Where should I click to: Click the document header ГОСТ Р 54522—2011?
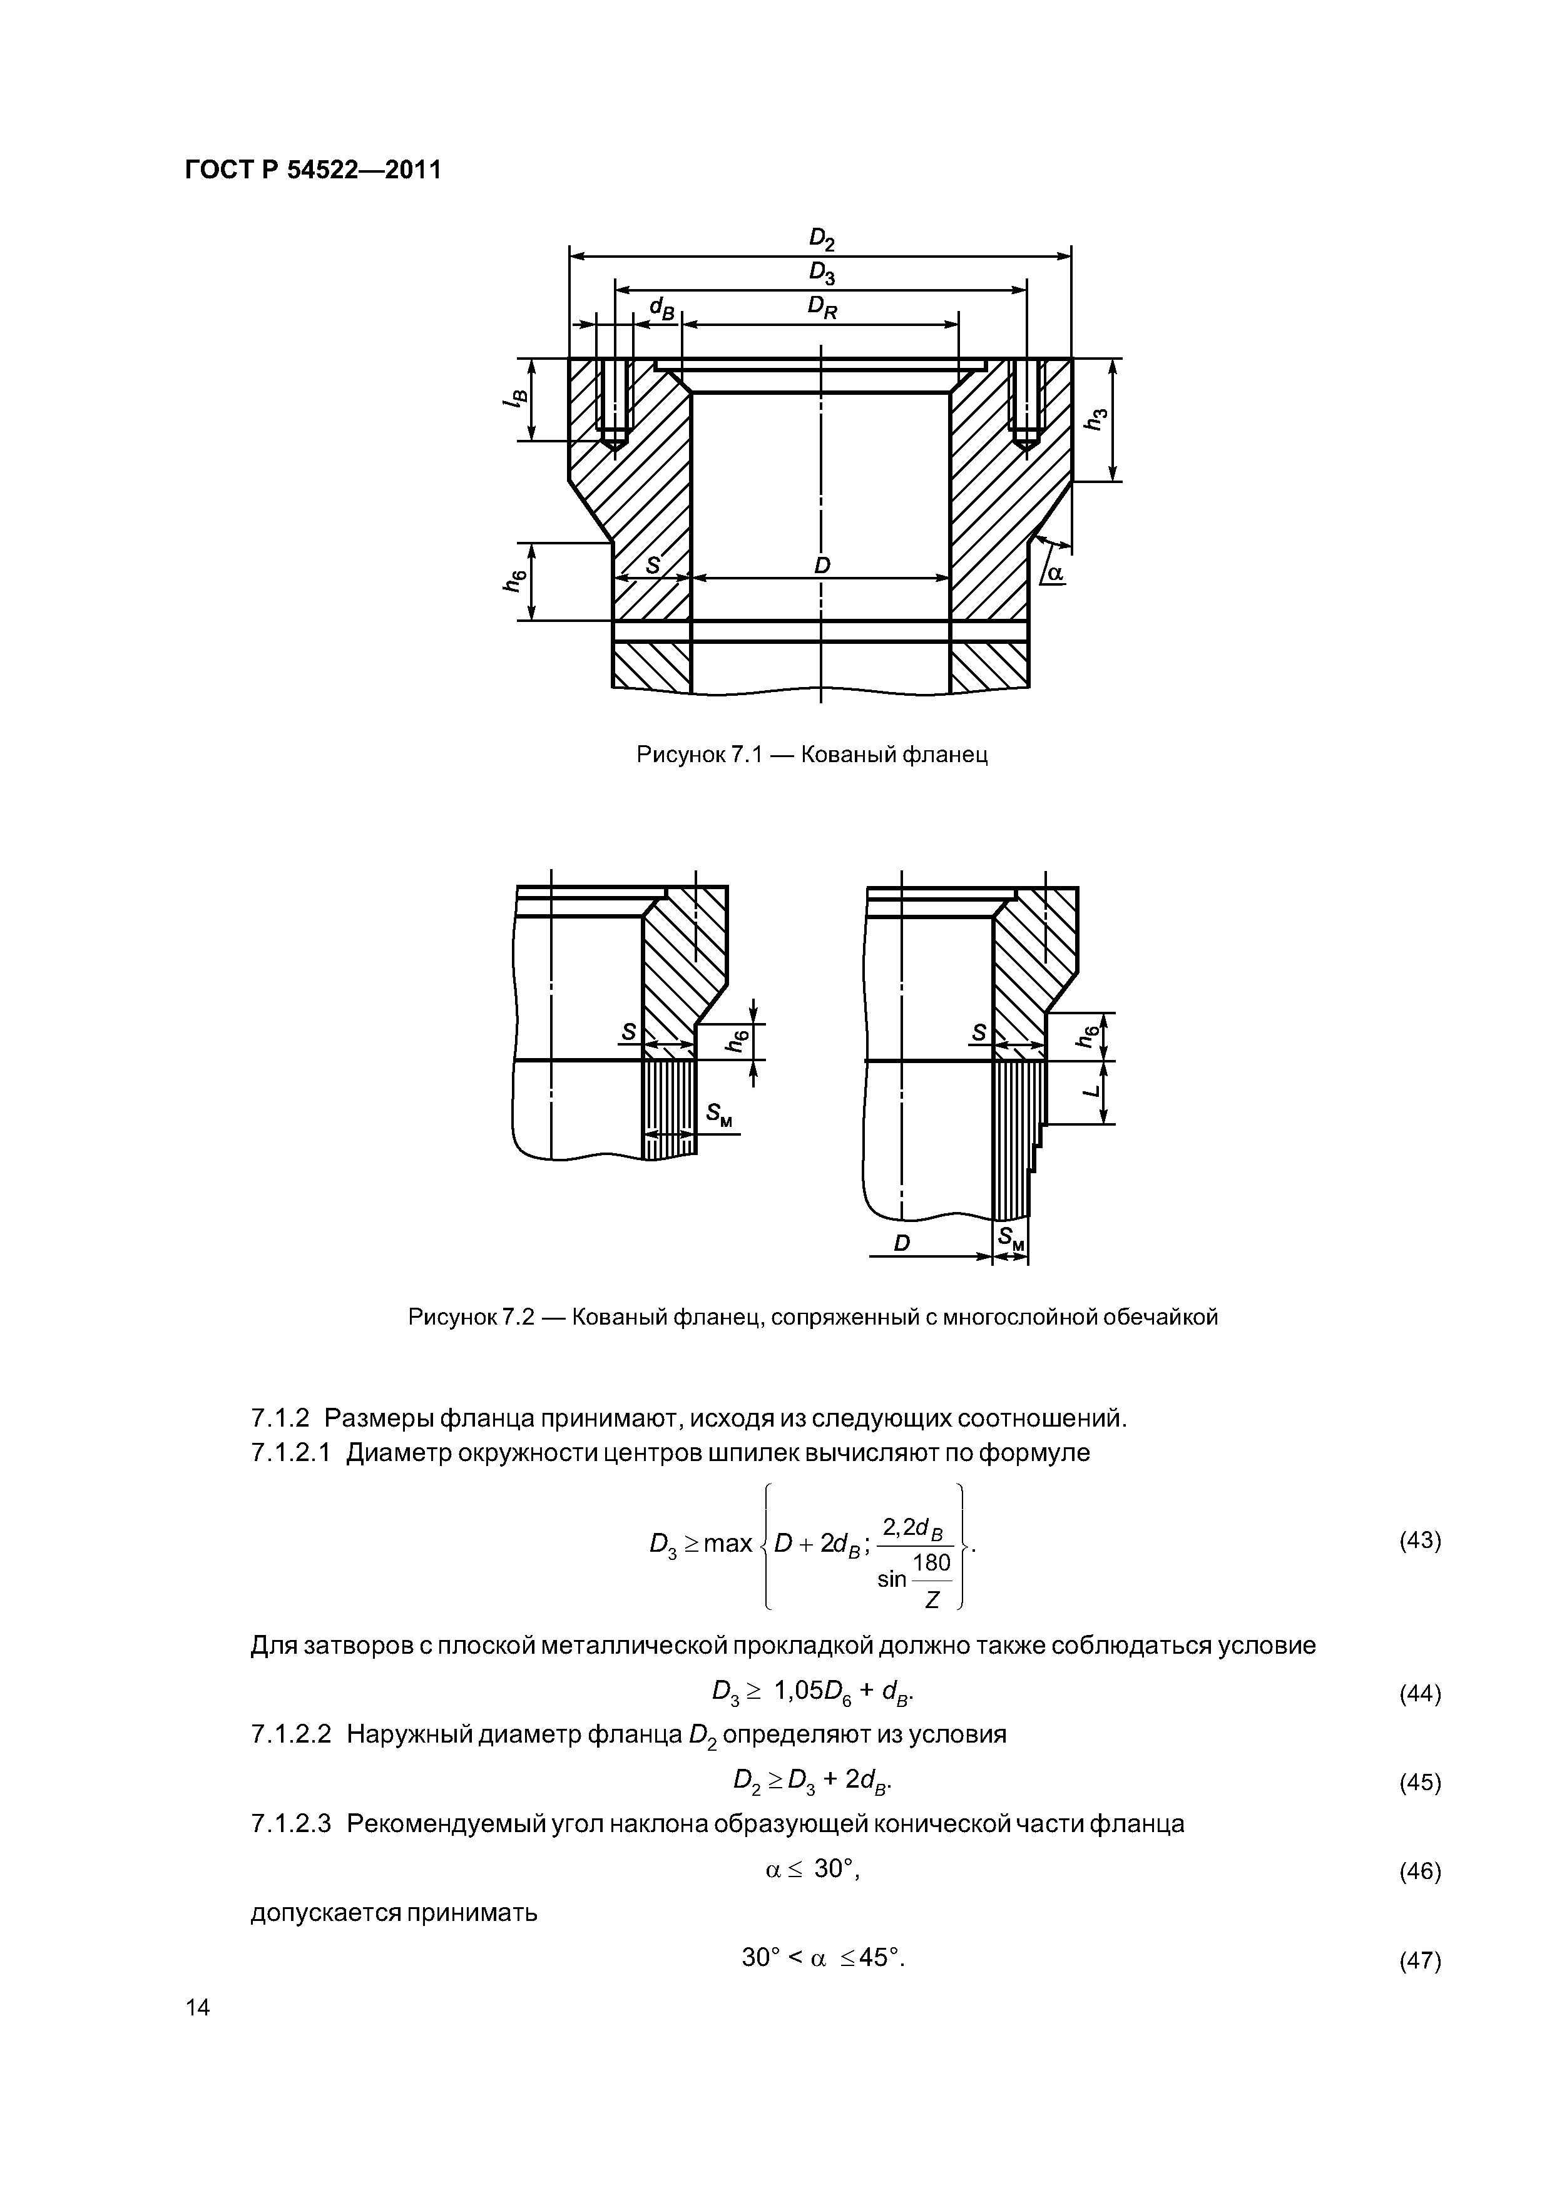click(x=313, y=171)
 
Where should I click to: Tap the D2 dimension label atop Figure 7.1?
click(x=822, y=238)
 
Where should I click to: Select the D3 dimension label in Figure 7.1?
click(x=822, y=273)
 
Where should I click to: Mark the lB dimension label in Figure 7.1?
click(x=514, y=400)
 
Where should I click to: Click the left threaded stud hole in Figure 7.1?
click(x=612, y=402)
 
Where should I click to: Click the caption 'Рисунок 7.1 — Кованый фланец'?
click(x=812, y=755)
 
